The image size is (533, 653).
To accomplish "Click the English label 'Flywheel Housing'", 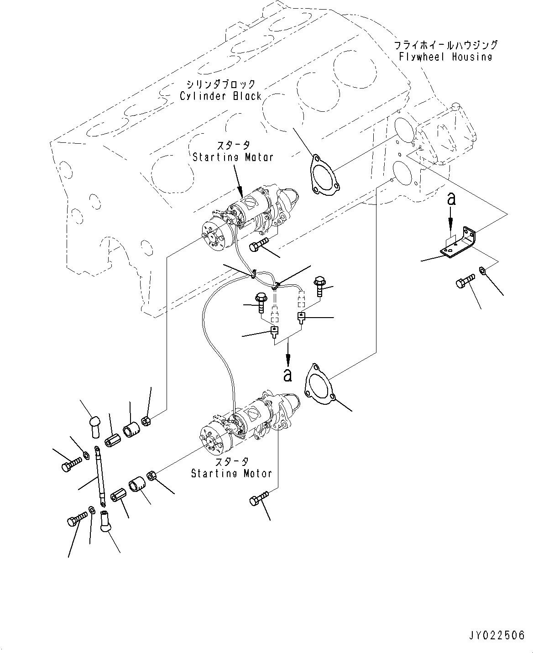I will point(445,57).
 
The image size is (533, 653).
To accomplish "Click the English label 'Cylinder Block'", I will point(221,96).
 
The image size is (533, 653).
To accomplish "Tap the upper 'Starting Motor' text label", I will point(233,157).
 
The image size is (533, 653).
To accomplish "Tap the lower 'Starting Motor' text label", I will point(231,473).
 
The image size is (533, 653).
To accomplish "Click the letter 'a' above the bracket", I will point(451,199).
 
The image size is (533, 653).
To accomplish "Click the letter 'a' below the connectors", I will point(287,375).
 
